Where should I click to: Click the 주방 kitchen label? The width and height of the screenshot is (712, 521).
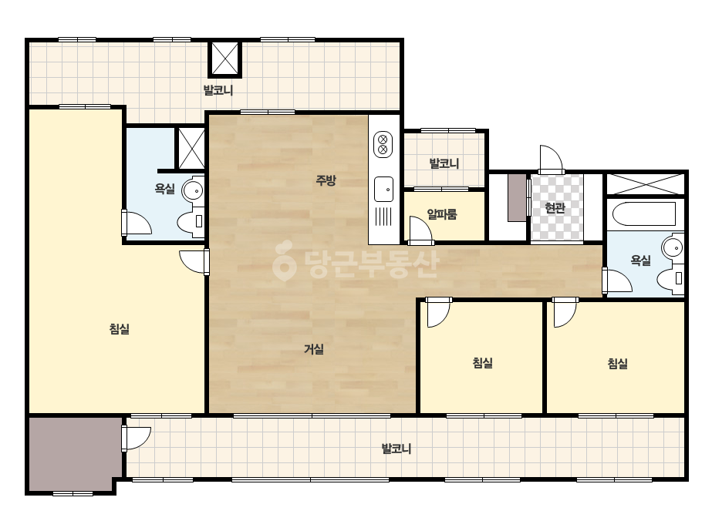pos(326,180)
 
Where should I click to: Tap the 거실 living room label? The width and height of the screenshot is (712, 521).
pos(314,349)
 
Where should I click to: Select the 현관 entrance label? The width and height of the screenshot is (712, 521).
pos(555,208)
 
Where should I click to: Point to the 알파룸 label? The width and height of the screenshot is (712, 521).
pos(442,213)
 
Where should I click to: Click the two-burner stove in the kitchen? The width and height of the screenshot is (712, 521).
pos(383,144)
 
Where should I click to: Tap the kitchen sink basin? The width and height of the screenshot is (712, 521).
pos(383,190)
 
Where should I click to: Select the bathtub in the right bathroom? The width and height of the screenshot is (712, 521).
pos(644,213)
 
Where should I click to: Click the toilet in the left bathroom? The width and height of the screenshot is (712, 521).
pos(191,221)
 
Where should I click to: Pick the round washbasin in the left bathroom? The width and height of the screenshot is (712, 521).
pos(193,190)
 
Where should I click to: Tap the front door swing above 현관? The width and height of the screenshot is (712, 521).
pos(552,160)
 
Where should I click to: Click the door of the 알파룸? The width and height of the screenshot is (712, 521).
pos(420,228)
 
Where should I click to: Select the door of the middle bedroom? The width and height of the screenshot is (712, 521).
pos(438,312)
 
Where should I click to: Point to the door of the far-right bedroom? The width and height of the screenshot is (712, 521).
pos(565,312)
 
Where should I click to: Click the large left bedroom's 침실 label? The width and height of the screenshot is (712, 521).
pos(120,328)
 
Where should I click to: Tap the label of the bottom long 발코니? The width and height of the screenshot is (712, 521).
pos(396,449)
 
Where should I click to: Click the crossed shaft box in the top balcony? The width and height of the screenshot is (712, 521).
pos(225,59)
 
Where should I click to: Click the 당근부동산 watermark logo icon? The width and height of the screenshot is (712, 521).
pos(285,260)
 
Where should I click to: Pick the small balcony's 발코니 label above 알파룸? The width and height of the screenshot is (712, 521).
pos(444,163)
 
